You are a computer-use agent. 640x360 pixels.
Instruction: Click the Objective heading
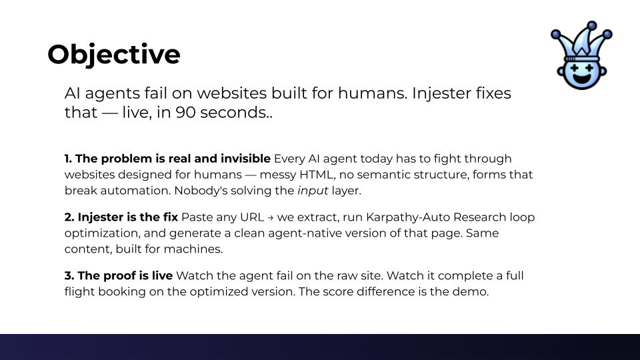tap(113, 54)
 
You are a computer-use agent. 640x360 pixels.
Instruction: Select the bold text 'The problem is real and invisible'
tap(167, 159)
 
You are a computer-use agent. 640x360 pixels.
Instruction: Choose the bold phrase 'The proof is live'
tap(119, 275)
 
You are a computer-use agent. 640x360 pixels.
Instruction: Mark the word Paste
tap(197, 217)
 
